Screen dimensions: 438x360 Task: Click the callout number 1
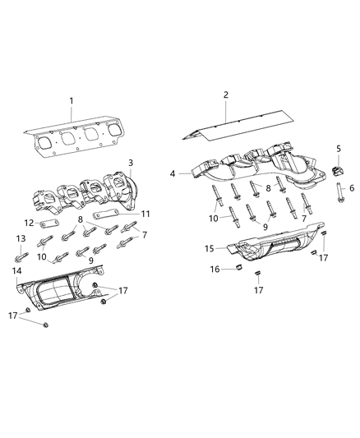72,101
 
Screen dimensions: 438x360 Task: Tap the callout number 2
224,95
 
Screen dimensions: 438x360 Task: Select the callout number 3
130,164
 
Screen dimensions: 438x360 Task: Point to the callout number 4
173,173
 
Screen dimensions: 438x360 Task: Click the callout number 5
338,148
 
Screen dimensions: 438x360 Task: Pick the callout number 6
351,188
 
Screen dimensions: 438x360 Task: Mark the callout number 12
29,223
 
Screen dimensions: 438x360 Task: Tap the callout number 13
20,238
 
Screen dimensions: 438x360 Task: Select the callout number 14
16,270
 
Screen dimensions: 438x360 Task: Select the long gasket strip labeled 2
238,124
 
